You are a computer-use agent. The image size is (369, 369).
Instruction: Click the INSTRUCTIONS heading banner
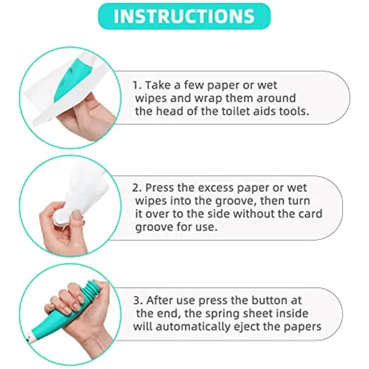(184, 16)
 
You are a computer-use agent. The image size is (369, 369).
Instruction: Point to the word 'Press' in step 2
(160, 188)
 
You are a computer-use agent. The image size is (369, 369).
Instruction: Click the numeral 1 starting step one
(136, 85)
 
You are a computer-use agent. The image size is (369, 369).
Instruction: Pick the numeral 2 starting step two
(136, 188)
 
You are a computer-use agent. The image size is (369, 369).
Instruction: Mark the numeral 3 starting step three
(137, 301)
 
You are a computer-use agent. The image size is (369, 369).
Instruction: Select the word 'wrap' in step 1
(208, 98)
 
